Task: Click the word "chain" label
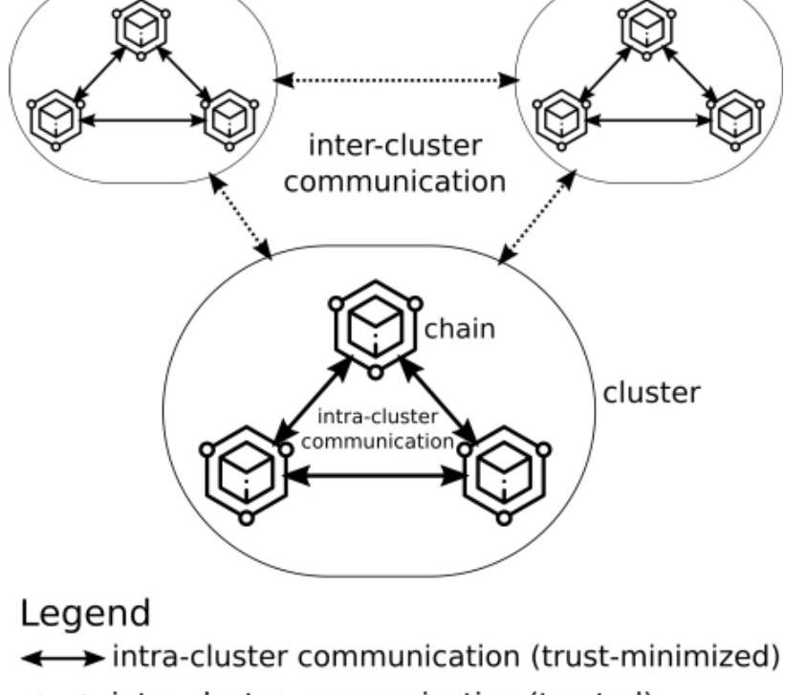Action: (460, 329)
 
